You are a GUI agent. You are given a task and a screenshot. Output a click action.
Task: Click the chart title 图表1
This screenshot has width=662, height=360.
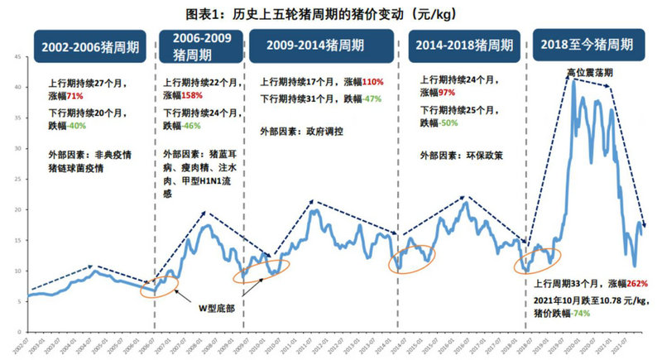coord(331,14)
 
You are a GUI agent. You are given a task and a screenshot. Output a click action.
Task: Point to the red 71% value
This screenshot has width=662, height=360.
coord(76,95)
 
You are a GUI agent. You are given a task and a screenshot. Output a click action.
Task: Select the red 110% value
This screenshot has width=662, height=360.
coord(374,83)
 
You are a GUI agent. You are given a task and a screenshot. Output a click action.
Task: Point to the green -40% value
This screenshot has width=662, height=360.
coord(76,127)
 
